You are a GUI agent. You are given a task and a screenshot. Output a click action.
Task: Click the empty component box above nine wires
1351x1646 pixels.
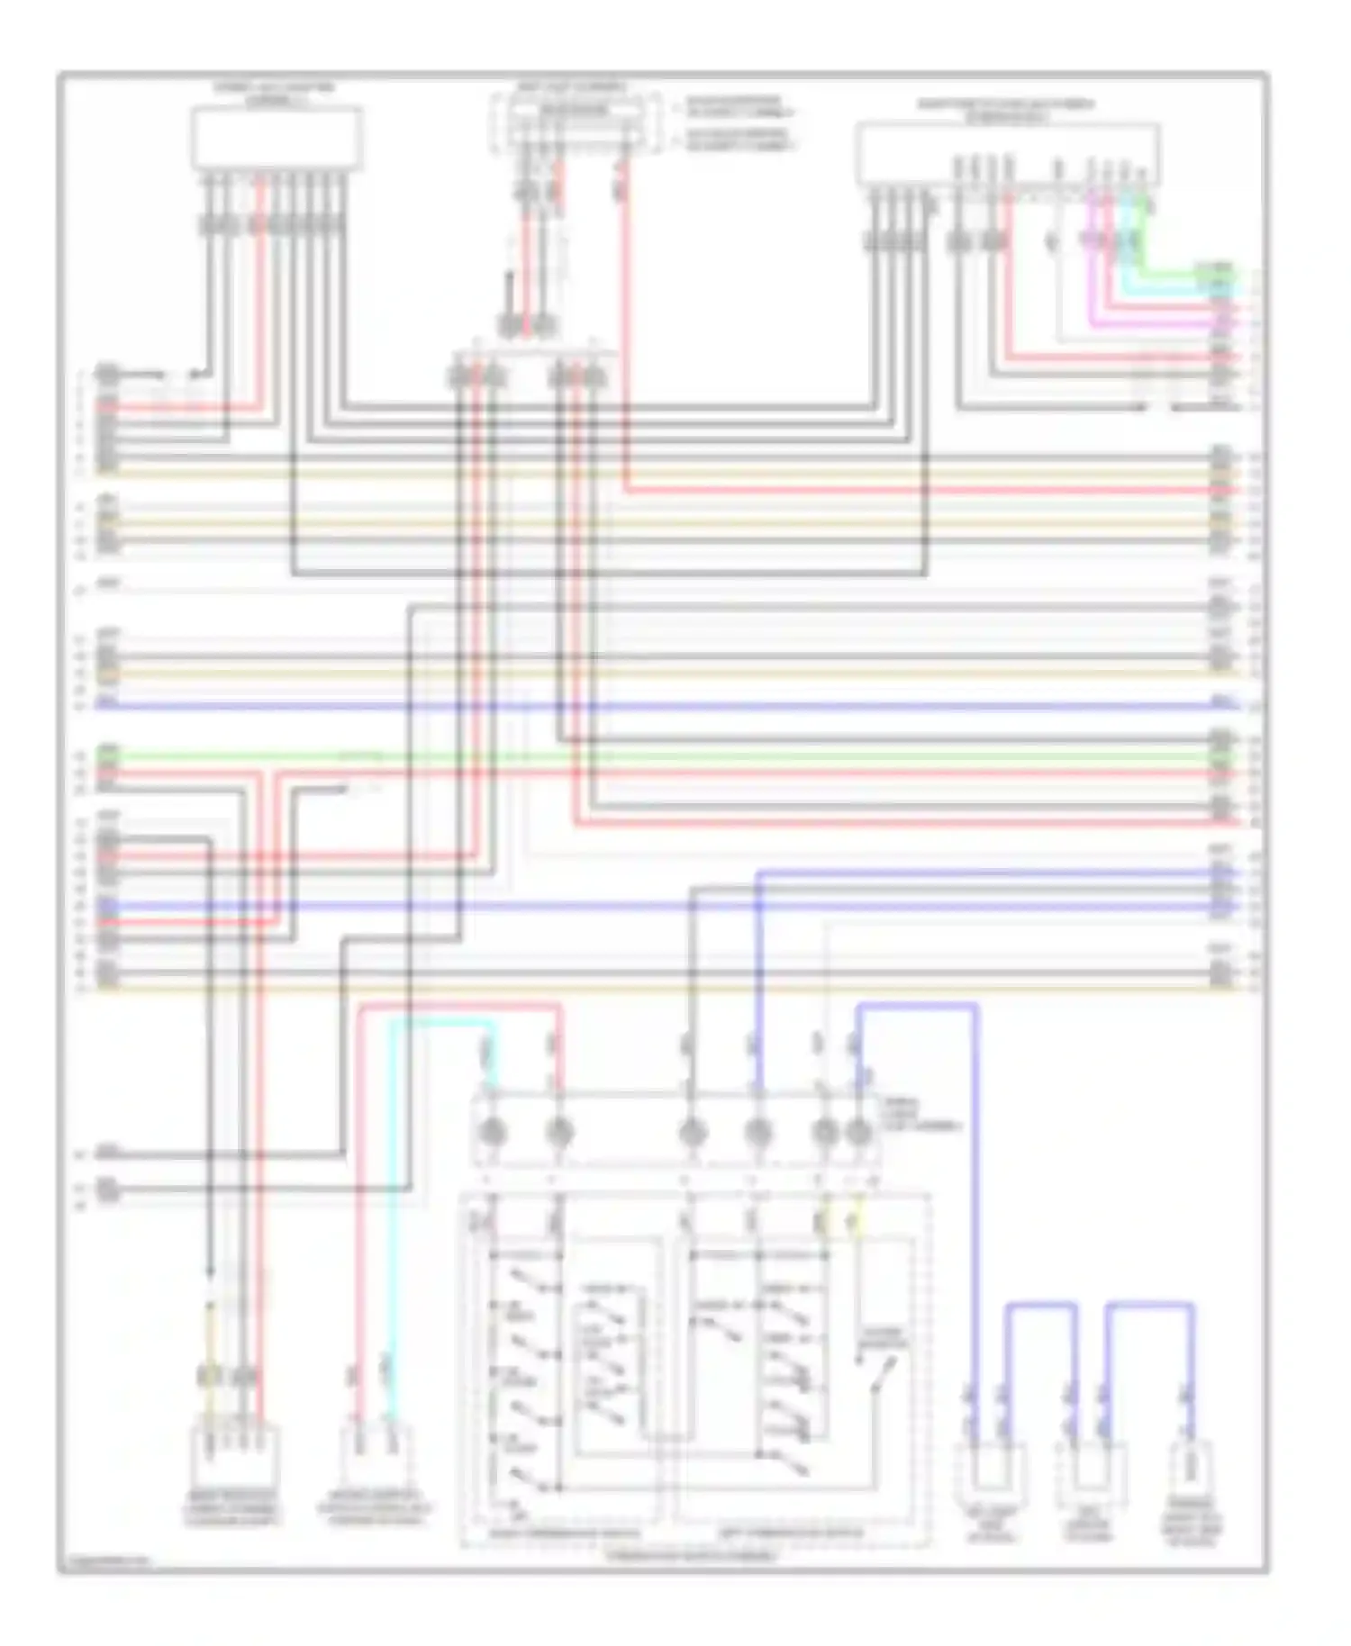pyautogui.click(x=277, y=138)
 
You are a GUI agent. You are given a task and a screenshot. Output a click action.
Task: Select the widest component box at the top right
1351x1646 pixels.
pyautogui.click(x=1007, y=154)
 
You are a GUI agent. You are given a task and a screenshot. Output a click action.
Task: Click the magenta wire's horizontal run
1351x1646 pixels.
pyautogui.click(x=1153, y=320)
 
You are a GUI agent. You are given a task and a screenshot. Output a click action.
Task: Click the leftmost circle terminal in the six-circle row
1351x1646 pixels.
pyautogui.click(x=494, y=1132)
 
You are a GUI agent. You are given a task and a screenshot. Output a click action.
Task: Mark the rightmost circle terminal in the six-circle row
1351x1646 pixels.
pyautogui.click(x=859, y=1132)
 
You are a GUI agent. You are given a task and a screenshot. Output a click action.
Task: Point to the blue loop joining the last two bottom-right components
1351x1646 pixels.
pyautogui.click(x=1149, y=1304)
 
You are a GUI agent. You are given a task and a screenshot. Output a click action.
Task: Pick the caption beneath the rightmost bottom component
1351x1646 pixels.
pyautogui.click(x=1192, y=1530)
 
